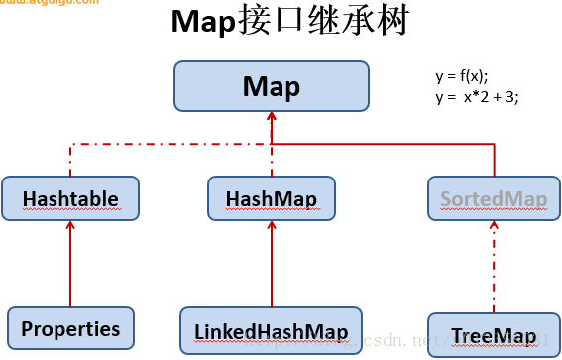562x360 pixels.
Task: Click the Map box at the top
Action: click(x=271, y=86)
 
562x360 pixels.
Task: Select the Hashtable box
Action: click(x=70, y=198)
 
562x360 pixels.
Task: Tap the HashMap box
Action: click(x=271, y=198)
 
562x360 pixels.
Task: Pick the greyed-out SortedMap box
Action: click(x=495, y=198)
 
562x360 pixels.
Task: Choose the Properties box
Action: click(x=70, y=328)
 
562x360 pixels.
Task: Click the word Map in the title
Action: click(x=204, y=22)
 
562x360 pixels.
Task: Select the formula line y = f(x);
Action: click(x=462, y=76)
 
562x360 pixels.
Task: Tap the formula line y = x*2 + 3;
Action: click(x=476, y=96)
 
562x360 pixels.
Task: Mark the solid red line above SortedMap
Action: click(x=493, y=159)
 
